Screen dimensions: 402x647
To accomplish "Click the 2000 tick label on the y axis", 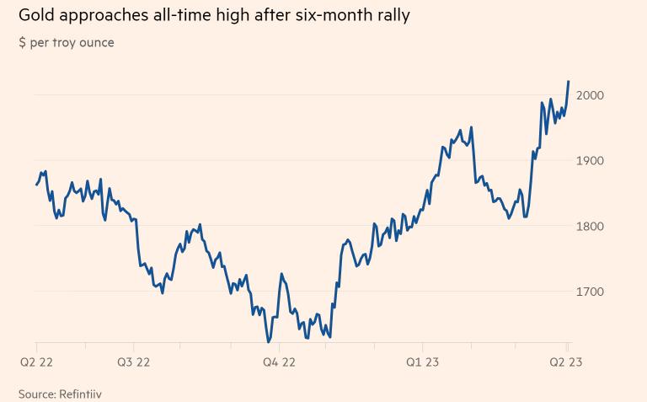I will (x=590, y=95).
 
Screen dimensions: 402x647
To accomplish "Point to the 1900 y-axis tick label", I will (x=590, y=161).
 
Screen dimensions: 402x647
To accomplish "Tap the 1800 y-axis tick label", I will (x=590, y=227).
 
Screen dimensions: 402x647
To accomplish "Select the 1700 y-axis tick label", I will (x=590, y=292).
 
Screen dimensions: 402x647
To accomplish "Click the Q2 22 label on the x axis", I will (x=37, y=362).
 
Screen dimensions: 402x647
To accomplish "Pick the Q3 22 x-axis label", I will (x=133, y=362).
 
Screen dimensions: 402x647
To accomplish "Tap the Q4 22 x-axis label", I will (x=279, y=362).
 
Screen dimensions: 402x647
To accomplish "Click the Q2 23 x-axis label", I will (x=567, y=362).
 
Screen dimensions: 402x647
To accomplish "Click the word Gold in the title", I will (x=35, y=15).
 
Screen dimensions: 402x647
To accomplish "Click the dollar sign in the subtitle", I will (x=22, y=42).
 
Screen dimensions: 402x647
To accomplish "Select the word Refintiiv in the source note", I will (x=85, y=394).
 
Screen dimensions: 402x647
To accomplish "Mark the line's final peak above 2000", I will (x=569, y=82).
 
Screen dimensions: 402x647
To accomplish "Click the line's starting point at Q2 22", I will (x=36, y=184).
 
